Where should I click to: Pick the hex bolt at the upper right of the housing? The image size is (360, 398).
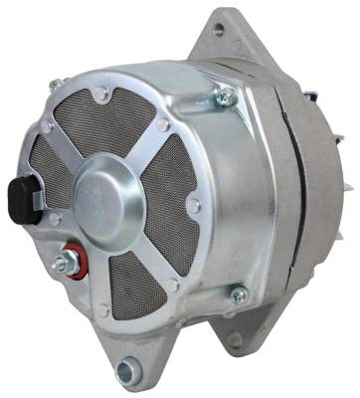click(x=228, y=98)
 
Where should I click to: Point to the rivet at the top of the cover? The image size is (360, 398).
click(x=101, y=94)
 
